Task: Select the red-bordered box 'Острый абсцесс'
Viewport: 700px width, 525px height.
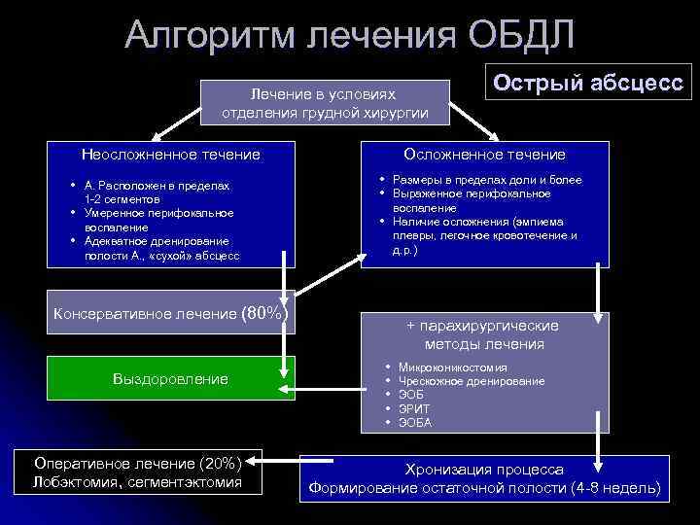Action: click(x=587, y=82)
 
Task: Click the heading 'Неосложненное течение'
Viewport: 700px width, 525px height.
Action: click(x=171, y=155)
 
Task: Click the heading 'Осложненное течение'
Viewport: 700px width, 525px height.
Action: click(x=485, y=155)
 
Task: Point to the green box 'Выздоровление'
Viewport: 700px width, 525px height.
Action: click(x=171, y=378)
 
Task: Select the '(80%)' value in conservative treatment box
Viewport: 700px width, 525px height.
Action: click(x=264, y=313)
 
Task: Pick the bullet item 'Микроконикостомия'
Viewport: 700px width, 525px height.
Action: click(x=452, y=368)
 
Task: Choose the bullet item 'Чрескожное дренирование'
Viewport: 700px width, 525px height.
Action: click(x=472, y=382)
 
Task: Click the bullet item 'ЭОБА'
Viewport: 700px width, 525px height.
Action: click(x=416, y=423)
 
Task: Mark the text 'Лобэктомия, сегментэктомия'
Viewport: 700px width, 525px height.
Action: click(x=138, y=481)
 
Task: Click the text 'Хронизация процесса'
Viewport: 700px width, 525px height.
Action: click(x=483, y=469)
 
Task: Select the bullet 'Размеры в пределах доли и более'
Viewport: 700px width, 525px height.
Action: click(x=487, y=181)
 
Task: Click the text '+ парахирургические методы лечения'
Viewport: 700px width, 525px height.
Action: click(x=484, y=334)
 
